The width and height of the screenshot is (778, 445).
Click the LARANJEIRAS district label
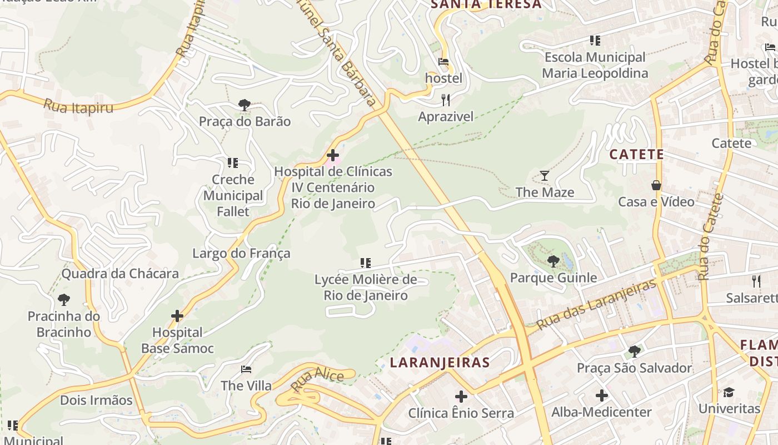440,363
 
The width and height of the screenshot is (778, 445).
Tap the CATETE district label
637,154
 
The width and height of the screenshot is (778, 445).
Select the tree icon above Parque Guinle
553,261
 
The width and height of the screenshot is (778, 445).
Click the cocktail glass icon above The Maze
545,176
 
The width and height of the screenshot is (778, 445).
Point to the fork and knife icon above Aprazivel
445,100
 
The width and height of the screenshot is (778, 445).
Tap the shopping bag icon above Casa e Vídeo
656,185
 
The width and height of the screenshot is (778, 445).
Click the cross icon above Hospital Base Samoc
177,316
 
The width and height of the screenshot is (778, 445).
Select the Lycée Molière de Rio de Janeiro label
366,287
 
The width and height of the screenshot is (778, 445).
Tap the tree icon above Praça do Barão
245,105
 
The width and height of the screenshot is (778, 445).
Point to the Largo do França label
241,254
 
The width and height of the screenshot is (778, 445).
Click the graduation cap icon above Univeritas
729,392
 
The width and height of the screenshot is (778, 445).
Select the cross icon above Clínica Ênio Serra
461,397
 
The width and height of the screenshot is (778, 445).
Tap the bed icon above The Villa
246,369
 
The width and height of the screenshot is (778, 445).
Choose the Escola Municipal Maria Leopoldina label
595,65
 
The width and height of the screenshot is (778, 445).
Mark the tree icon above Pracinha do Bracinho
64,300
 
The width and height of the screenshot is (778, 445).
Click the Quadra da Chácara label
120,273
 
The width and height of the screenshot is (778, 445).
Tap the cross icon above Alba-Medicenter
601,395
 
